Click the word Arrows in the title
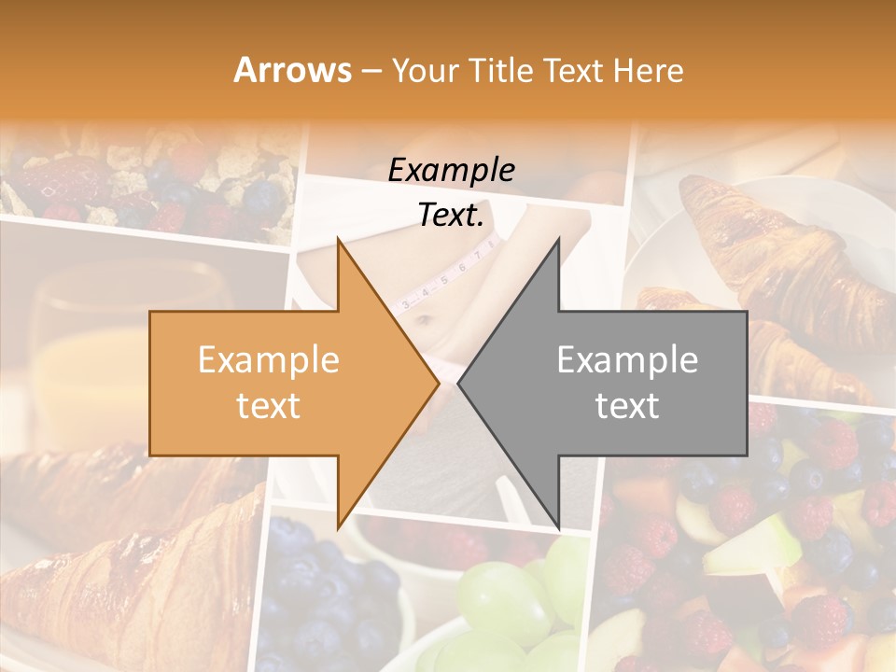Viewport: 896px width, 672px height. (x=292, y=70)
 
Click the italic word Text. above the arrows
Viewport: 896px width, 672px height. (x=451, y=216)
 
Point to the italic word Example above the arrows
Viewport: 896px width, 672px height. (x=451, y=171)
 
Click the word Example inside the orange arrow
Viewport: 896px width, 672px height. (x=269, y=360)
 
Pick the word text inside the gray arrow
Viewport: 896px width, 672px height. (x=627, y=406)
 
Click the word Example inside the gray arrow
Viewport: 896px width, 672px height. (x=627, y=360)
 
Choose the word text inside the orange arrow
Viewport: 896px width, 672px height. (x=269, y=406)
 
